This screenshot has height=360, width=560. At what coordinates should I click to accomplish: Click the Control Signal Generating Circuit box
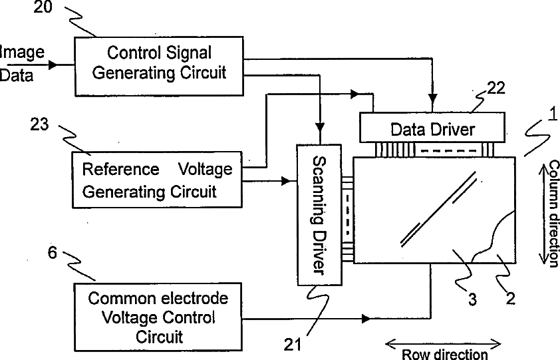pos(159,66)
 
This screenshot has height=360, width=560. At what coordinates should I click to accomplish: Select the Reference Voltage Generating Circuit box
pos(157,180)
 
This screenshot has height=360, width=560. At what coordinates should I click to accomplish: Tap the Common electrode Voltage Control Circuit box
pos(158,317)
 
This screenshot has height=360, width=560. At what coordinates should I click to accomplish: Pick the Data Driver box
pos(432,128)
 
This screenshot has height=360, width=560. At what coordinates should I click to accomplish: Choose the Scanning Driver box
pos(320,215)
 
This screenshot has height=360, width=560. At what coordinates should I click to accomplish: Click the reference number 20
pos(43,7)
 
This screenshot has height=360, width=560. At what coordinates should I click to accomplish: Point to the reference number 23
pos(39,124)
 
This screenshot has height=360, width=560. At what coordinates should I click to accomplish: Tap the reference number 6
pos(52,253)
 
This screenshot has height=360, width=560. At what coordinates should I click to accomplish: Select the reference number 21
pos(293,345)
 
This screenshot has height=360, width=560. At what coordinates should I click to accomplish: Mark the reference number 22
pos(496,88)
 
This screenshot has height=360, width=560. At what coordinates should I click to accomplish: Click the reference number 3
pos(472,299)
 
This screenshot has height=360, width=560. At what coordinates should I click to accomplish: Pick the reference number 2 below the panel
pos(511,299)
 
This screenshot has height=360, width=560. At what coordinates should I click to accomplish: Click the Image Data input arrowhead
pos(53,65)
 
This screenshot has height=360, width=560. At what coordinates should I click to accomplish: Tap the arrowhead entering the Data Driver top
pos(433,98)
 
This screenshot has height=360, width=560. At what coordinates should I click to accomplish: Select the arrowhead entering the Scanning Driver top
pos(320,127)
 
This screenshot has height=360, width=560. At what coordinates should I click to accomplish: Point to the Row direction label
pos(445,354)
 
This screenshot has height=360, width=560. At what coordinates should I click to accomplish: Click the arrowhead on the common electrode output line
pos(366,319)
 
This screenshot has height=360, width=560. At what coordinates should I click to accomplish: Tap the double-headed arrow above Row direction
pos(443,345)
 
